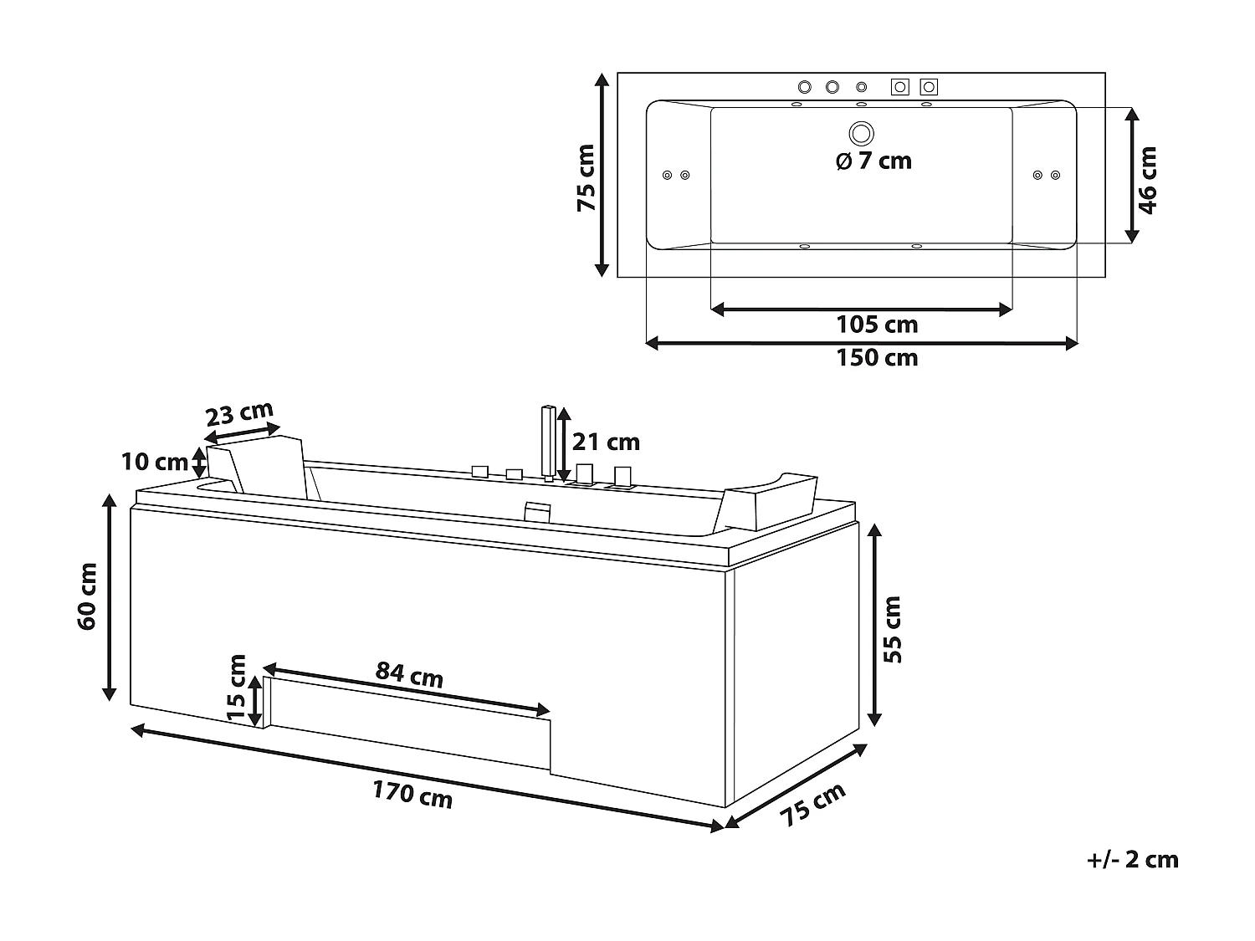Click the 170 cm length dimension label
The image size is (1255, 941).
tap(412, 794)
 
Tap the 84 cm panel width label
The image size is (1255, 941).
tap(409, 673)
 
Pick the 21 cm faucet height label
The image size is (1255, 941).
tap(606, 441)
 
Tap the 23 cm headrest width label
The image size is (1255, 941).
tap(240, 415)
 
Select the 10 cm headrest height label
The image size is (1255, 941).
tap(155, 462)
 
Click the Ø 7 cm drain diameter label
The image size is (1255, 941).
tap(873, 161)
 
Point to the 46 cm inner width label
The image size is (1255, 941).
tap(1148, 180)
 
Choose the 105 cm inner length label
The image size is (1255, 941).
tap(877, 325)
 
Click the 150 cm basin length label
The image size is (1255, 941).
tap(877, 358)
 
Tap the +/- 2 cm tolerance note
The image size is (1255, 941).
tap(1133, 859)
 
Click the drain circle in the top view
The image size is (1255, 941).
tap(861, 132)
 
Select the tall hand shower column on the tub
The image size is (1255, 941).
tap(548, 442)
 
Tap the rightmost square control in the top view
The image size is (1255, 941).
tap(928, 86)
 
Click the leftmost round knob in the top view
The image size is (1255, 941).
tap(805, 87)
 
